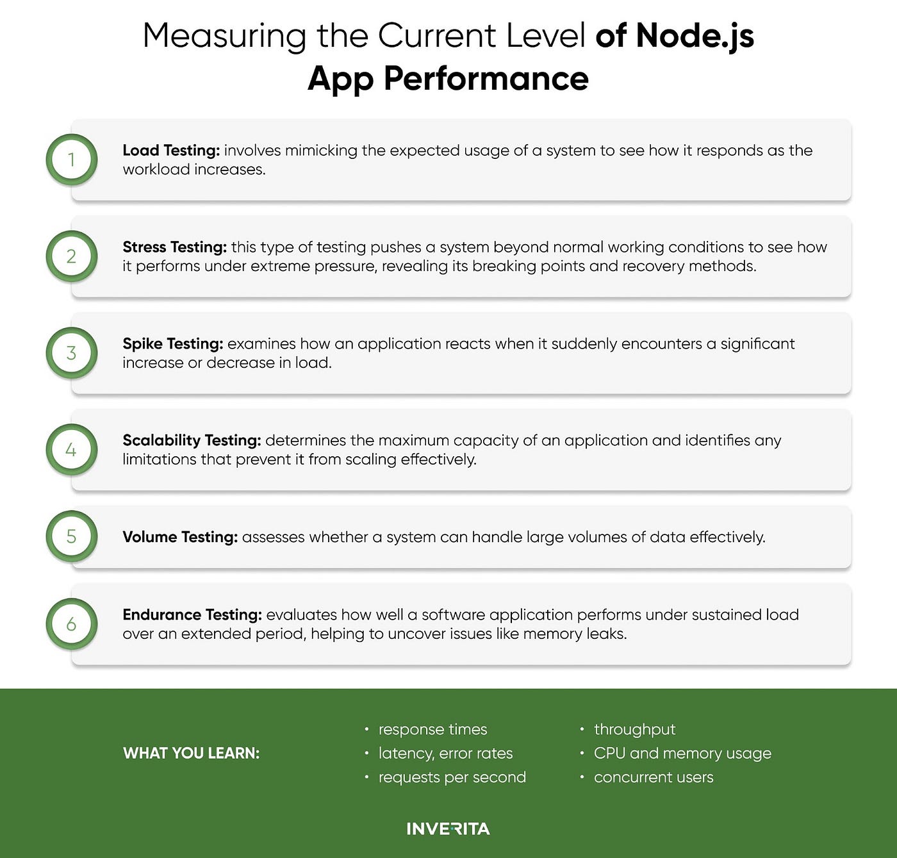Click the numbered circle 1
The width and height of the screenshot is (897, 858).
point(71,160)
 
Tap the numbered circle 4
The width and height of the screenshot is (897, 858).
point(71,449)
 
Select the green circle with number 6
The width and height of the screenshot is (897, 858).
point(71,623)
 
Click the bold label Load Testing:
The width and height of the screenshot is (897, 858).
point(171,151)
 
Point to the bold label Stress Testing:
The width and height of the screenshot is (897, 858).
point(174,247)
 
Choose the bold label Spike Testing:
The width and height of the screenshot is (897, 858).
point(173,344)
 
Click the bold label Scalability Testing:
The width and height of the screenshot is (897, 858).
point(192,441)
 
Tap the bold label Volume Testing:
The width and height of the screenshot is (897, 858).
point(180,537)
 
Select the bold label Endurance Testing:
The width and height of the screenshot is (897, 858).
point(192,615)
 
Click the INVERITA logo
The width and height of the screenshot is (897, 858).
point(448,829)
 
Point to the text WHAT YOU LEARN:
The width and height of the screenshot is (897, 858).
point(191,753)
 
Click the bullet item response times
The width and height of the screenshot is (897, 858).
point(432,729)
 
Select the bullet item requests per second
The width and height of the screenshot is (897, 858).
point(452,777)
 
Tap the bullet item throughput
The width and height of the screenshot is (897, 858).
point(634,729)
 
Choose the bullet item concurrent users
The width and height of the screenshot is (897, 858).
point(653,777)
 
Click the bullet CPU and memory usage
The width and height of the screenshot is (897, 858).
point(682,753)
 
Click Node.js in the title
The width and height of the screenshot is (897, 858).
point(695,36)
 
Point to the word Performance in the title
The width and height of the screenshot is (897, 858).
point(486,79)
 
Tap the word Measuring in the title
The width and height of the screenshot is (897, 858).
point(224,36)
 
